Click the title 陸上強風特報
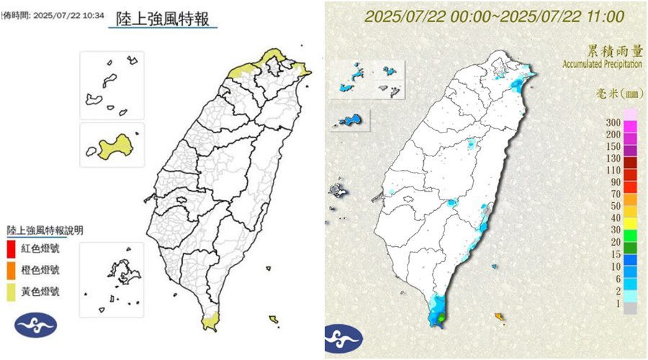tap(163, 19)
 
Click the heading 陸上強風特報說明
tap(45, 231)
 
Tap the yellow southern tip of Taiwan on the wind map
tap(208, 322)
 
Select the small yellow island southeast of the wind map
tap(274, 319)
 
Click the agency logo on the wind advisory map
tap(35, 325)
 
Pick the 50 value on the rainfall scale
tap(616, 206)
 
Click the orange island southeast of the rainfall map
tap(498, 316)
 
